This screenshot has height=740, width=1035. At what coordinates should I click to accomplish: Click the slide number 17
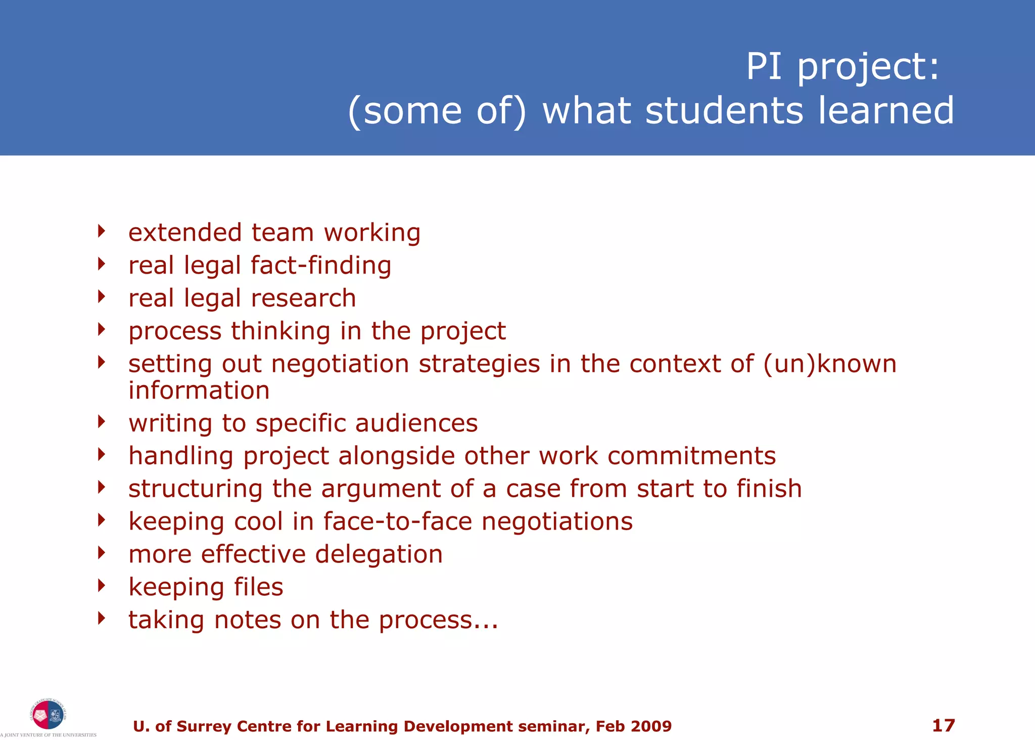tap(943, 725)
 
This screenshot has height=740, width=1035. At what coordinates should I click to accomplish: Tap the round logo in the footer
tap(48, 715)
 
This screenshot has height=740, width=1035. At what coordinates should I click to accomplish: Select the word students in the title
tap(724, 111)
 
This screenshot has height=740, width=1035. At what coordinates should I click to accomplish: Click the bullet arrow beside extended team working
tap(102, 231)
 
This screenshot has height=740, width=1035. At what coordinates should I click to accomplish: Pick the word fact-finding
tap(321, 266)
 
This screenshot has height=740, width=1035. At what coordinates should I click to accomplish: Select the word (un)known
tap(829, 364)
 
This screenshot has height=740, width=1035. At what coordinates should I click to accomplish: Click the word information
tap(199, 390)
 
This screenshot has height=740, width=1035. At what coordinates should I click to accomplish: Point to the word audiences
tap(416, 423)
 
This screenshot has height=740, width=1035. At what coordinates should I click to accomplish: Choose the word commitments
tap(691, 456)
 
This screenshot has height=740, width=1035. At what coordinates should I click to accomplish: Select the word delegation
tap(379, 554)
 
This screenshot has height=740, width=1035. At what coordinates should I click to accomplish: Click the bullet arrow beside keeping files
tap(102, 586)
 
